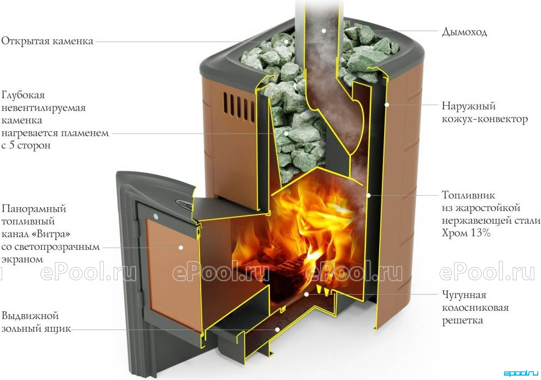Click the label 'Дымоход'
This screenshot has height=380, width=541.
pos(464,33)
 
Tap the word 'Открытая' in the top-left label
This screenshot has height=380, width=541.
pos(22,42)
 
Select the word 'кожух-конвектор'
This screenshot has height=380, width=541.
pos(485,119)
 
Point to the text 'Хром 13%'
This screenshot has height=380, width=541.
pos(466,233)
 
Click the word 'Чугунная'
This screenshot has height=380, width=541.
pos(464,295)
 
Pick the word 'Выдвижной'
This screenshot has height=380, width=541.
pos(30,316)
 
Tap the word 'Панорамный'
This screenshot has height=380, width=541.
pos(33,209)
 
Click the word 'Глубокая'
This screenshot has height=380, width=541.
pos(23,95)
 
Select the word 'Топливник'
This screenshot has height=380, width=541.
pos(468,195)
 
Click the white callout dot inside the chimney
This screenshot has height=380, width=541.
pos(324,30)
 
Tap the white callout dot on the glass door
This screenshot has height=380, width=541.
pos(181,248)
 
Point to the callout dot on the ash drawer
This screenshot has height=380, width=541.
pos(277,330)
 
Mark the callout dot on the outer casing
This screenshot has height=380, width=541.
pos(387,104)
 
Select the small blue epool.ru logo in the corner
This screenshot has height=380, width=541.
pos(520,373)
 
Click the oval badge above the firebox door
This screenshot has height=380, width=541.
pos(185,203)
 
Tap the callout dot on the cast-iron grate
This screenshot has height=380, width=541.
pos(306,295)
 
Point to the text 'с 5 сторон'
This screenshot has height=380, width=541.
pos(26,146)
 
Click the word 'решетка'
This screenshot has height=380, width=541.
pos(462,320)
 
